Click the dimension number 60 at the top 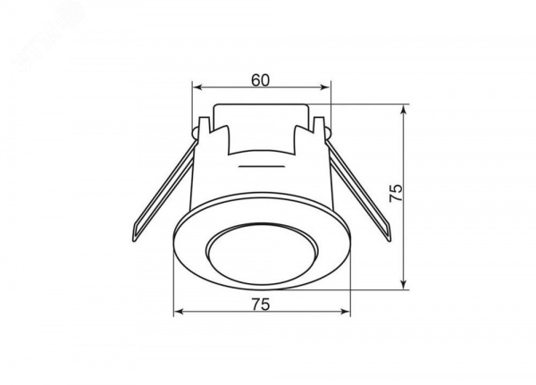(x=261, y=80)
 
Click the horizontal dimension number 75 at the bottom (x=261, y=305)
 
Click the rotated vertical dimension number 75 (x=396, y=193)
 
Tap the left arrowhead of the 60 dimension (x=197, y=88)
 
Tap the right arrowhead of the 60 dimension (x=326, y=88)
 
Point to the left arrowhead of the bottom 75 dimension (x=179, y=312)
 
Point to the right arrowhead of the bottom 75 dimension (x=345, y=312)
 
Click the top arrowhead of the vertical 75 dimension (x=404, y=110)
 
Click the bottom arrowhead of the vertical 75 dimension (x=404, y=284)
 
